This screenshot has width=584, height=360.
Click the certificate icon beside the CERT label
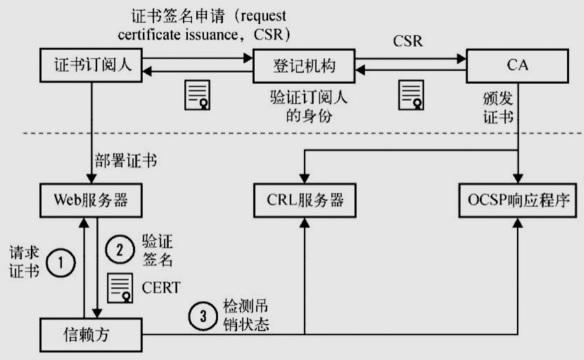click(120, 287)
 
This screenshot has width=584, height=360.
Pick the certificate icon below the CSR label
click(411, 95)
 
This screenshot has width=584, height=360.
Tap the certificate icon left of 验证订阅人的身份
click(197, 95)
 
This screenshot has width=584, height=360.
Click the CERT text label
click(161, 287)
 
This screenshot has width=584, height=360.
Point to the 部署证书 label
click(126, 161)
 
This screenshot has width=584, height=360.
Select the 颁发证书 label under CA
click(498, 108)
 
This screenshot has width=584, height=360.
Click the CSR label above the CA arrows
click(408, 41)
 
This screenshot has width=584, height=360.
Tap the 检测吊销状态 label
click(246, 315)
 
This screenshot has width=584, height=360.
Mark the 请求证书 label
click(24, 261)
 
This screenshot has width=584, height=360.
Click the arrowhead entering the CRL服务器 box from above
click(305, 179)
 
